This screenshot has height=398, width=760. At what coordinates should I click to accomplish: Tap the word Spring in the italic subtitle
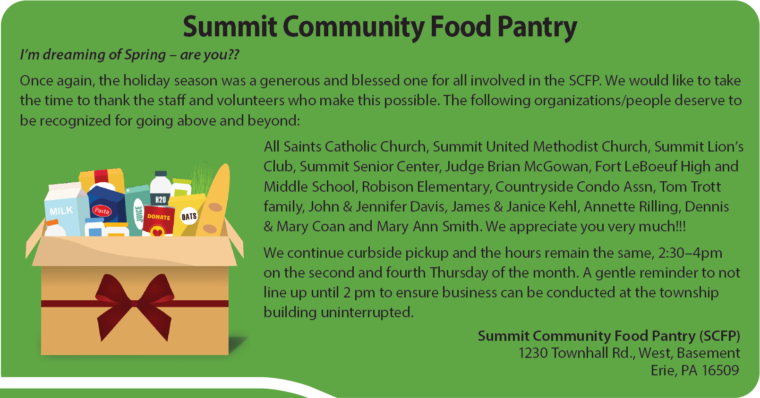click(145, 55)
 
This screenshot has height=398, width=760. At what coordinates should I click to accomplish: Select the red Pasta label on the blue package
click(102, 211)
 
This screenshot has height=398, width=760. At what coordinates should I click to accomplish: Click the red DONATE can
click(159, 221)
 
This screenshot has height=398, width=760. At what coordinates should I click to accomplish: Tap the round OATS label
click(189, 216)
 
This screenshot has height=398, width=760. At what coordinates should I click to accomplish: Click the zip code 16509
click(720, 371)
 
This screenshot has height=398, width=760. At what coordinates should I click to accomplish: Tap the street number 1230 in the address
click(533, 353)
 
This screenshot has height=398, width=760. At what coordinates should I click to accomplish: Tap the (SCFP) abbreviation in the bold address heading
click(720, 336)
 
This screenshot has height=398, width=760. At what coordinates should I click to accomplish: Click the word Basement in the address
click(709, 353)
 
